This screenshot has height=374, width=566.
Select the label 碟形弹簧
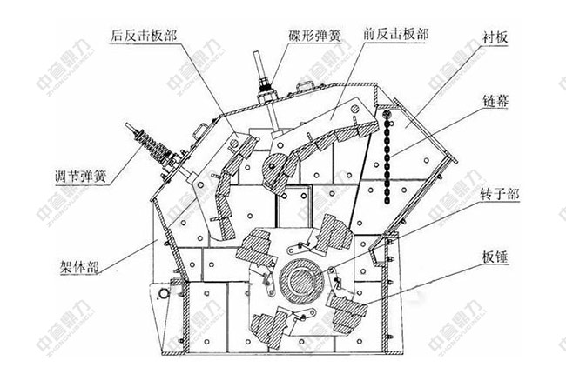[x=315, y=37]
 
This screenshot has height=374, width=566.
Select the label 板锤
[x=493, y=258]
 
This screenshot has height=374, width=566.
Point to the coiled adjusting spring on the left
[x=144, y=144]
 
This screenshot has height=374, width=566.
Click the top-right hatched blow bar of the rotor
[x=332, y=230]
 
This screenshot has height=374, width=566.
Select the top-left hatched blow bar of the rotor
[x=260, y=243]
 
